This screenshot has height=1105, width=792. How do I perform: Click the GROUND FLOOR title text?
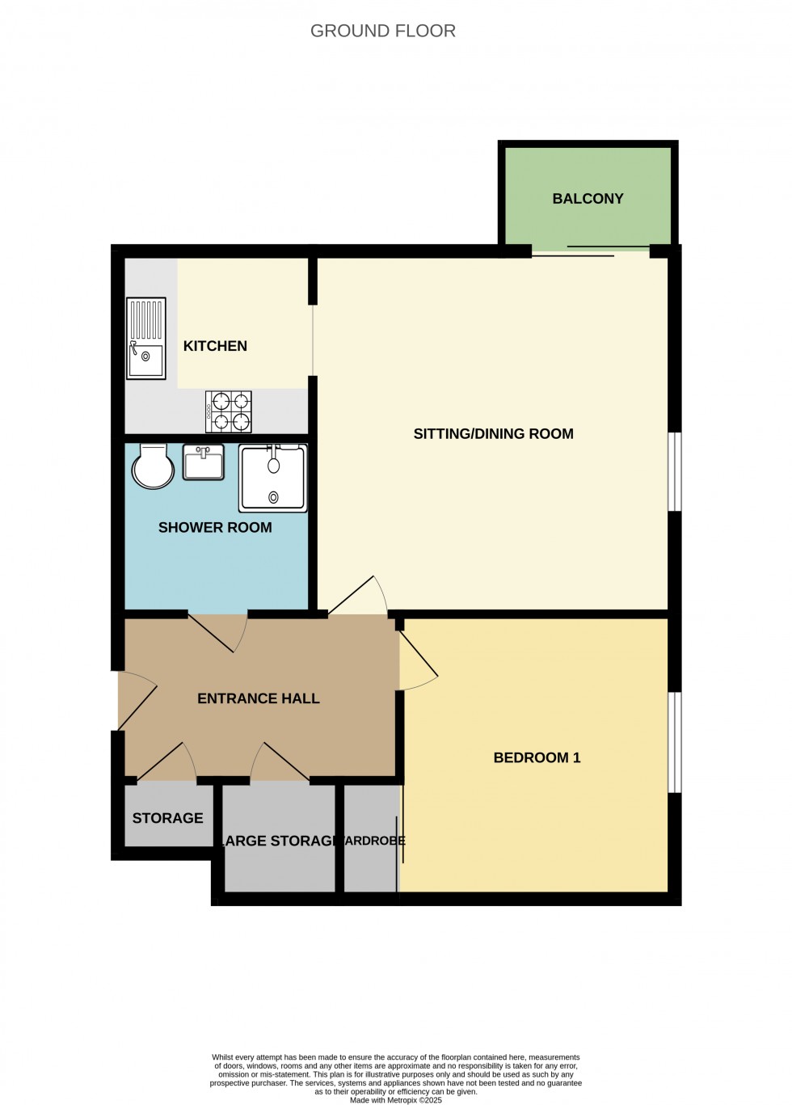coord(383,31)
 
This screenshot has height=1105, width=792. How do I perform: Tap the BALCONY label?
coord(588,199)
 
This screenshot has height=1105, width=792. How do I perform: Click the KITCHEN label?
coord(215,346)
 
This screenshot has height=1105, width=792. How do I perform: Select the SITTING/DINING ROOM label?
coord(493,434)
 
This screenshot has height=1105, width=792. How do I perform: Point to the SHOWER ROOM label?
coord(215,528)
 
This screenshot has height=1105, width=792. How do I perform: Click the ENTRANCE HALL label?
coord(259,698)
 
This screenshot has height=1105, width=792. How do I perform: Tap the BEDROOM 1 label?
coord(537,758)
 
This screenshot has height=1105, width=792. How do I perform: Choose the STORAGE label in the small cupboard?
coord(167,818)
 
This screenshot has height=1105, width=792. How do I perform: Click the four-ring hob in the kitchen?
coord(229,411)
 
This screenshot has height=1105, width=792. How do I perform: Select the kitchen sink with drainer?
coord(146,338)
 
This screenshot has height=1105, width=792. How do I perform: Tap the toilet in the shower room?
coord(153,466)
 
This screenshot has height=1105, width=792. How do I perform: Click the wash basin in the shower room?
coord(204,462)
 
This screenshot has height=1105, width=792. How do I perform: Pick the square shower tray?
coord(273,479)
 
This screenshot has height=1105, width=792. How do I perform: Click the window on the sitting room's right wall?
coord(675,472)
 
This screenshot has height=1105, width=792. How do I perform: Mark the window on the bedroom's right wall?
coord(675,742)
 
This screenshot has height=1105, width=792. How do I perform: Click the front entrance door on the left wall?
coord(135,701)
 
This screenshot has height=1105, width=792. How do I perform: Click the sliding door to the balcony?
coord(591,251)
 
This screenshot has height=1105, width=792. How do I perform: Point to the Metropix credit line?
coord(396,1100)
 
